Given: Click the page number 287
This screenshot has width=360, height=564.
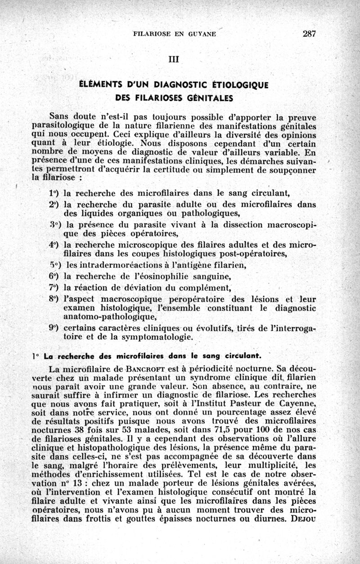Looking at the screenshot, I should pos(310,34).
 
